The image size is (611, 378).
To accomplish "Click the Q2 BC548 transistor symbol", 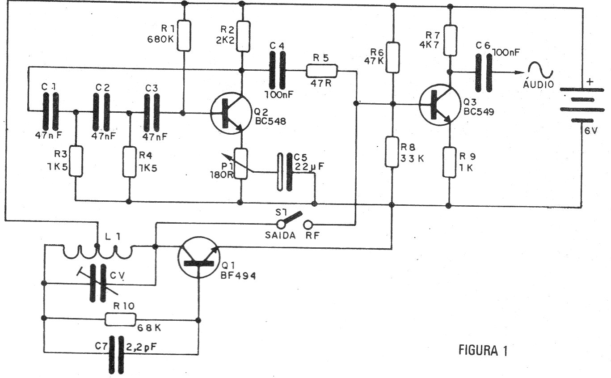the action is point(231,114).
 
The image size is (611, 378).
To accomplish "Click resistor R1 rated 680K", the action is point(184,36).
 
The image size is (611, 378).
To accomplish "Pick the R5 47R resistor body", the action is point(322,71).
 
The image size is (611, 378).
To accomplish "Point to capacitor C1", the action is point(51,112).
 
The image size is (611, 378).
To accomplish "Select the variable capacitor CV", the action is point(97,284).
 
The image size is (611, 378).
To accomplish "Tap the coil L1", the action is point(97,252).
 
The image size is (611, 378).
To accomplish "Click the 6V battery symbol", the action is point(582,105).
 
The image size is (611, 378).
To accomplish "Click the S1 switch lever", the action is point(291,218).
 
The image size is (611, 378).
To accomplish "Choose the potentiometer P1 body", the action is point(241,164).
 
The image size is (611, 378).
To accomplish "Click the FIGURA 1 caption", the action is point(483,350).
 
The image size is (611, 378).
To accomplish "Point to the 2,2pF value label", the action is point(142,347).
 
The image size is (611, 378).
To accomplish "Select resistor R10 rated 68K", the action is point(120,319).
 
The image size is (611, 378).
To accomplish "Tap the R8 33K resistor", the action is point(392,152).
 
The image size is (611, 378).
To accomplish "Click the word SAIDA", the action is point(280,235).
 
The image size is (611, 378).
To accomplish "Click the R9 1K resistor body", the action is point(449,162).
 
